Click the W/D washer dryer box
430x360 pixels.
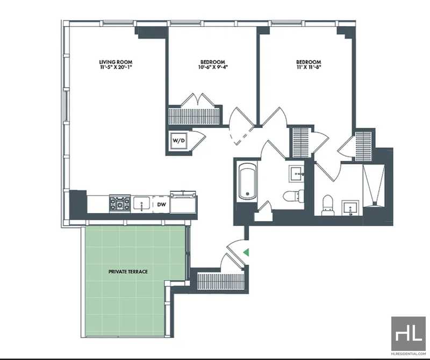pyautogui.click(x=178, y=141)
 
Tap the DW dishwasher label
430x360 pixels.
pyautogui.click(x=161, y=204)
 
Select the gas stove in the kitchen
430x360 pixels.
pyautogui.click(x=120, y=204)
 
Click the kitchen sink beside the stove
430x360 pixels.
pyautogui.click(x=141, y=204)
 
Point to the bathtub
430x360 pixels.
pyautogui.click(x=248, y=181)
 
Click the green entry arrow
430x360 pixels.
pyautogui.click(x=247, y=252)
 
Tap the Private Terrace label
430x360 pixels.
pyautogui.click(x=128, y=271)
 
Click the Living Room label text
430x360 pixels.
pyautogui.click(x=116, y=62)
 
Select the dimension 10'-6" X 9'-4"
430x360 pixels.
pyautogui.click(x=213, y=67)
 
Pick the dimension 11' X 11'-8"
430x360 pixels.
pyautogui.click(x=309, y=67)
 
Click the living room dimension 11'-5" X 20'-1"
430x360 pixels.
pyautogui.click(x=116, y=67)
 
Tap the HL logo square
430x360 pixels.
pyautogui.click(x=408, y=334)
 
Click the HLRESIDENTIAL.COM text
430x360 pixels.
pyautogui.click(x=408, y=354)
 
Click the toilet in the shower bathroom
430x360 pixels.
pyautogui.click(x=327, y=205)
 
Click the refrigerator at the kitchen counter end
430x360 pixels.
pyautogui.click(x=183, y=203)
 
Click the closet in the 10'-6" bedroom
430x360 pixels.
pyautogui.click(x=194, y=116)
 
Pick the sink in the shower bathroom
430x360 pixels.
pyautogui.click(x=350, y=208)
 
